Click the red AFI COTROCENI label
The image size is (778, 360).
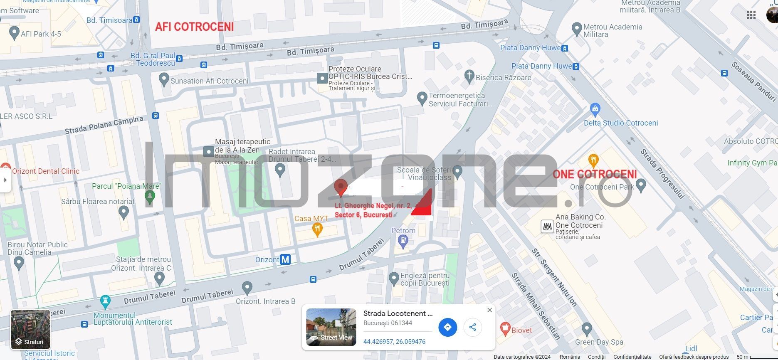click(194, 27)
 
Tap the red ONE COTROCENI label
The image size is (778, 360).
click(595, 174)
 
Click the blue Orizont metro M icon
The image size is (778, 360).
click(285, 260)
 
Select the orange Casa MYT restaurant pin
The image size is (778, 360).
click(317, 229)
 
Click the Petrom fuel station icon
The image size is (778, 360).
click(403, 240)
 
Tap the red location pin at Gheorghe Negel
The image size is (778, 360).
click(341, 187)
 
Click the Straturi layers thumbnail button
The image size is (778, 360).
click(30, 329)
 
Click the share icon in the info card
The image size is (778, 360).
click(472, 327)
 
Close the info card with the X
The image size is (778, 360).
click(489, 310)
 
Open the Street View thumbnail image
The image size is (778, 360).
click(331, 327)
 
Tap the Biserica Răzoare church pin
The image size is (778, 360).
click(469, 76)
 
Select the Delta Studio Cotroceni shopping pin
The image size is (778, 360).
click(595, 110)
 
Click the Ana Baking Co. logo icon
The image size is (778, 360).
click(547, 227)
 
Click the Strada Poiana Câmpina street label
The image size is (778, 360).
click(104, 125)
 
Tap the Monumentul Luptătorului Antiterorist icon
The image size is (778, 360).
click(106, 300)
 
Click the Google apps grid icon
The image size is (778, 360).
click(751, 15)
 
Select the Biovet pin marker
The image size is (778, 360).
click(505, 329)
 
